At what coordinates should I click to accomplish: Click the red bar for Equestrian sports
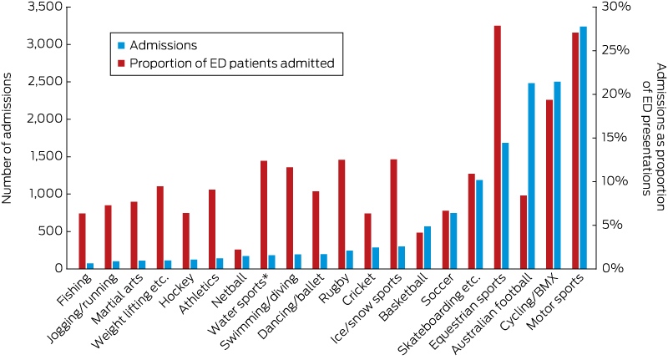point(498,147)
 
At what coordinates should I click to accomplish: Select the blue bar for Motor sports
point(583,148)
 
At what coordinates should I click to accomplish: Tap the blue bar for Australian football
point(531,176)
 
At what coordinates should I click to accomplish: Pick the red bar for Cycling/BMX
point(549,185)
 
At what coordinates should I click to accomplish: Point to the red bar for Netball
point(238,260)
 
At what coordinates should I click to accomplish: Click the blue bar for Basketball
point(428,247)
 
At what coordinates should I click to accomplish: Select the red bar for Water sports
point(264,215)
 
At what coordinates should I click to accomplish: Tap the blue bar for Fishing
point(90,266)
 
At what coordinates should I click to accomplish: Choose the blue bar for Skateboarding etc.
point(479,225)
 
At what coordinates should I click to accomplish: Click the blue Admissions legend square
point(121,45)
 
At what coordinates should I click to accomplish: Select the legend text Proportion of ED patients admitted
point(232,63)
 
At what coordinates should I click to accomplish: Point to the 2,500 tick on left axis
point(67,82)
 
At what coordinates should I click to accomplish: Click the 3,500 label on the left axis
point(44,8)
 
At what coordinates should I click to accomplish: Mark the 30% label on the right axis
point(615,8)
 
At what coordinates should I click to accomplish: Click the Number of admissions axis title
point(7,139)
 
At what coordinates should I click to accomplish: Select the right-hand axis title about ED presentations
point(655,136)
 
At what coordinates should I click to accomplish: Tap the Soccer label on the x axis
point(438,290)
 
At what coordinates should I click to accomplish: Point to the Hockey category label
point(178,290)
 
